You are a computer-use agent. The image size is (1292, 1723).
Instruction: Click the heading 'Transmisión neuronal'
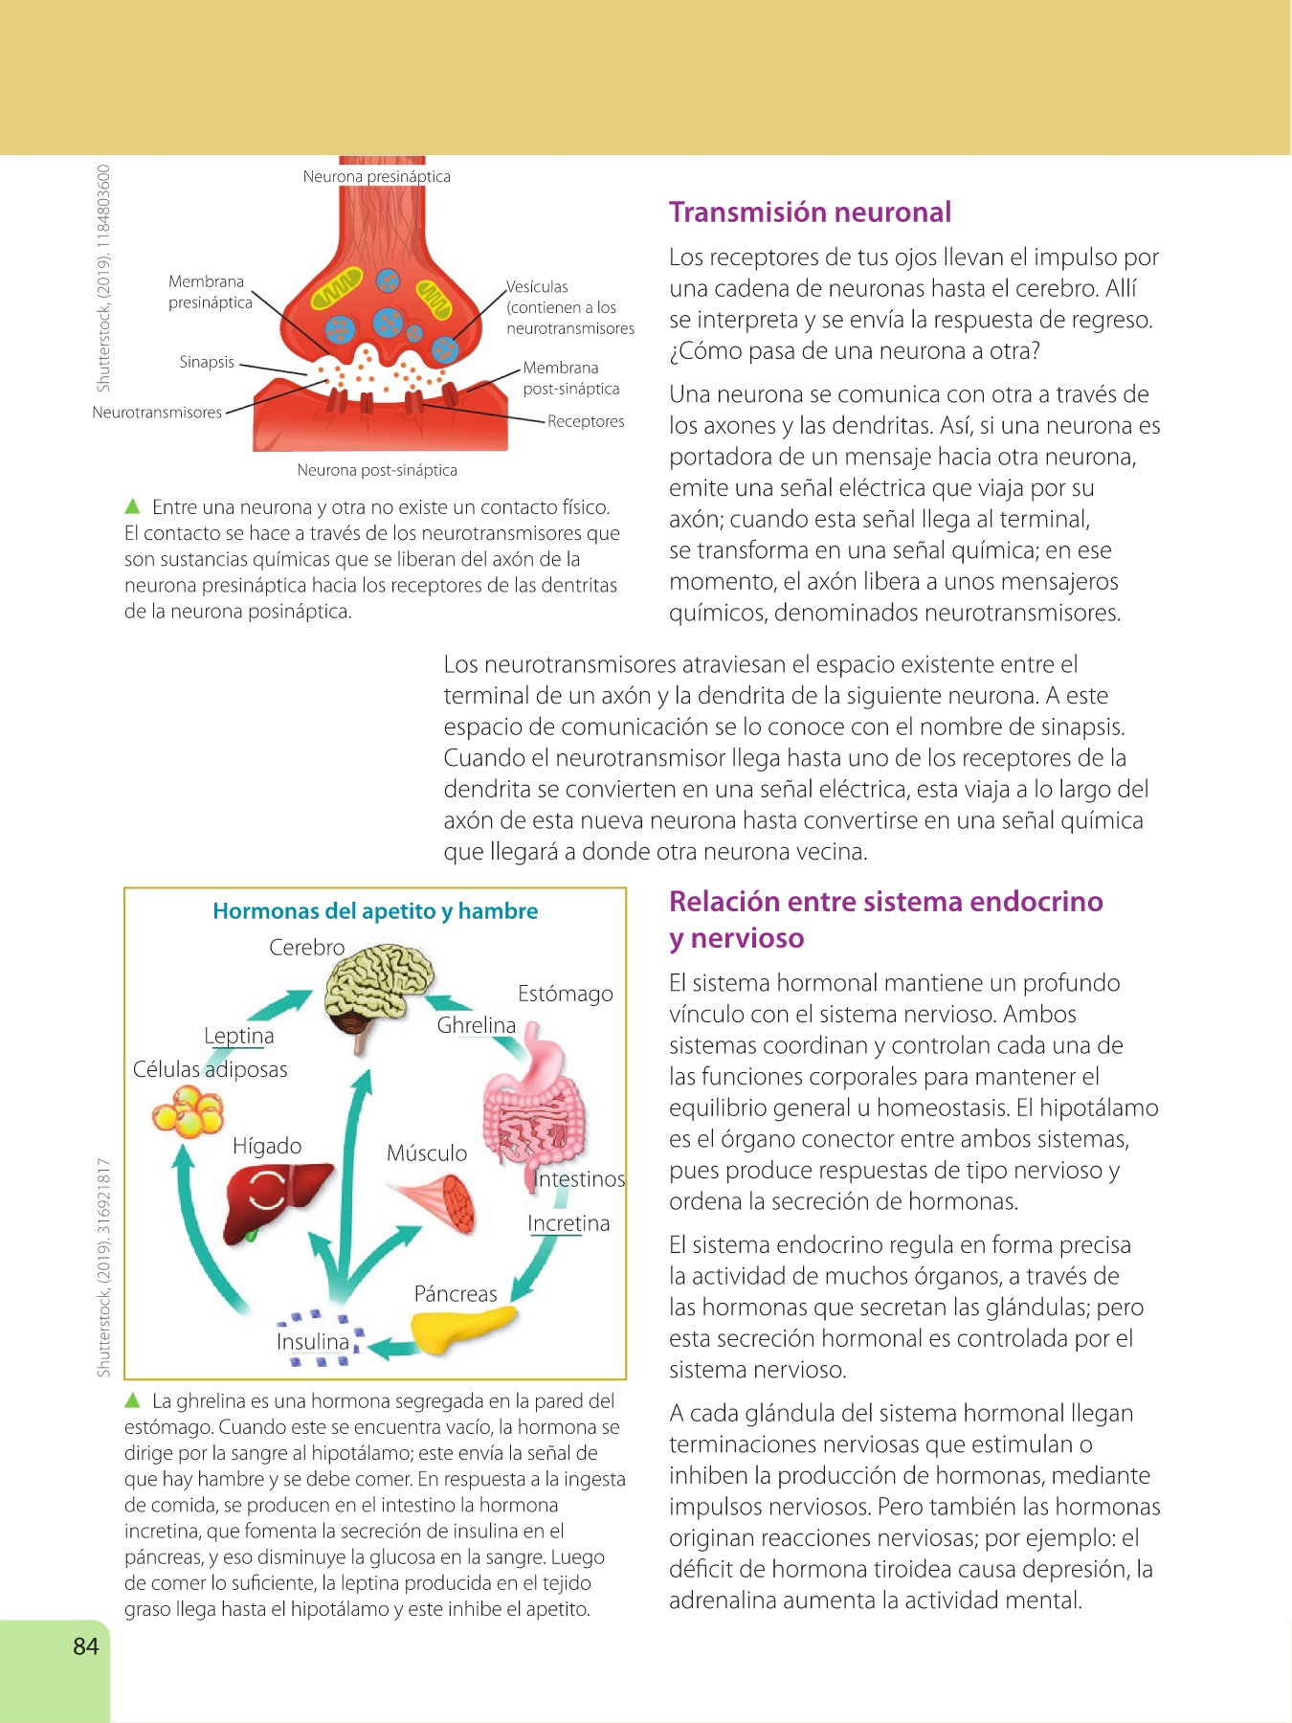(810, 213)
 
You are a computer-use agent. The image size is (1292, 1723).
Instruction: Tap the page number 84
(85, 1645)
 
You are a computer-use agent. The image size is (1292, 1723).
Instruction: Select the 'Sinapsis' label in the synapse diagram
(207, 362)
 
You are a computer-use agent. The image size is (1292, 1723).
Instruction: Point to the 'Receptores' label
(586, 421)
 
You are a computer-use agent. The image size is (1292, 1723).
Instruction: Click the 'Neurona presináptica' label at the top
(376, 177)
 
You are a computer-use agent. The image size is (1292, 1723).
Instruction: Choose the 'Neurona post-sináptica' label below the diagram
(376, 470)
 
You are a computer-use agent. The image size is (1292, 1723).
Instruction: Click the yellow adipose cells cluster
(188, 1114)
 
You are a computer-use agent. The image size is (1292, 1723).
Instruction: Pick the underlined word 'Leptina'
(238, 1036)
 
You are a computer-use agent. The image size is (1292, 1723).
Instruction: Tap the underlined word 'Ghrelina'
(476, 1025)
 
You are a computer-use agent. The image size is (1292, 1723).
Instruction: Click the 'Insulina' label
(313, 1342)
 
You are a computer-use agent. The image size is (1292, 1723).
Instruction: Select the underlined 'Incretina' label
(568, 1223)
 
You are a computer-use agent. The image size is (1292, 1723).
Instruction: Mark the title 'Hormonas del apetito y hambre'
(375, 911)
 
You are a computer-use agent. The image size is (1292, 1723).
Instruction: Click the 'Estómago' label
(565, 994)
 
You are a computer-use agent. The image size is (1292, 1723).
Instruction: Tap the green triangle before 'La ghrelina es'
(133, 1401)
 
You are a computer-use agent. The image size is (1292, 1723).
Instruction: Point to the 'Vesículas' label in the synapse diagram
(537, 287)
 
